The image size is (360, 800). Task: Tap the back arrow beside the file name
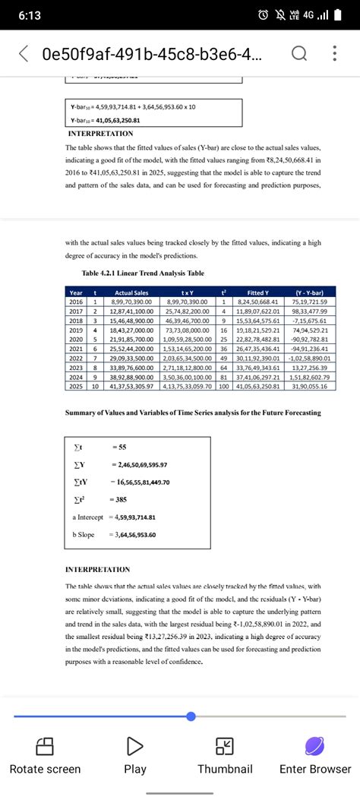(24, 54)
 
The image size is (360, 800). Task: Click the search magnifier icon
(298, 54)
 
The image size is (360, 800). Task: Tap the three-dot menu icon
(335, 54)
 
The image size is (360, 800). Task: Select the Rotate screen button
(45, 756)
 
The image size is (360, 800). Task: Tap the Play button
(135, 756)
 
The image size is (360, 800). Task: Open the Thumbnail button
(225, 756)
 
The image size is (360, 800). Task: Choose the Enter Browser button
(314, 756)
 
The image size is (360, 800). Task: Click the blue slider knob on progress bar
(191, 716)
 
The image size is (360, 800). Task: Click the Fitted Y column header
(264, 292)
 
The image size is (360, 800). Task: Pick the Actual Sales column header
(131, 292)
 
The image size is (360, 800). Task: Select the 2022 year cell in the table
(77, 358)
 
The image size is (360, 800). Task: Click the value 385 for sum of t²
(119, 498)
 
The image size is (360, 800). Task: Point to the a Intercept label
(90, 517)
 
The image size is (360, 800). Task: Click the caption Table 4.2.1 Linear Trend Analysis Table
(143, 274)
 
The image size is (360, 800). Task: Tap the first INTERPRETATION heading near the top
(101, 133)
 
